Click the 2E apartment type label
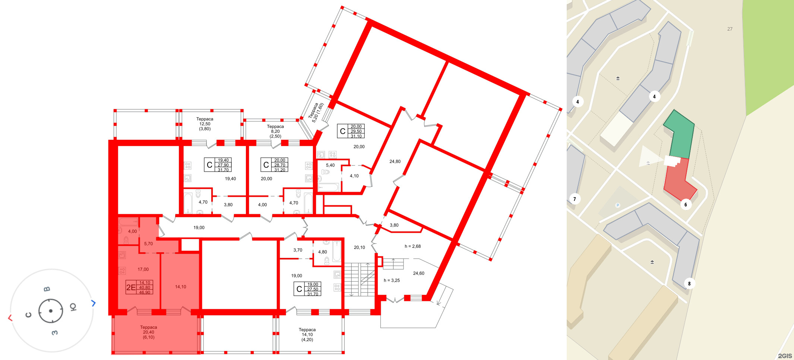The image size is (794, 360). pos(131,287)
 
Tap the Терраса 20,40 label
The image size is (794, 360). pos(148,332)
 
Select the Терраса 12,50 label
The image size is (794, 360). pos(205,124)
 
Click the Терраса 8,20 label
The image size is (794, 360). pos(275,131)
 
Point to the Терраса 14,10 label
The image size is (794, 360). pos(307,335)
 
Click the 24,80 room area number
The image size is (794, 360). pos(395,161)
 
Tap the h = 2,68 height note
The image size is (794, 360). pos(412,246)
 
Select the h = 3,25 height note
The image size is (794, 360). pos(392,280)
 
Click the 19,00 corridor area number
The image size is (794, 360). pos(199,227)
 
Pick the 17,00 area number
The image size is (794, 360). pos(143,269)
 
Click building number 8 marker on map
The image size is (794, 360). pos(689,284)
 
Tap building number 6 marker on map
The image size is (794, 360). pos(686,204)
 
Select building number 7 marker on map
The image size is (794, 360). pos(575,199)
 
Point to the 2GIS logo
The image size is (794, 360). pos(785,356)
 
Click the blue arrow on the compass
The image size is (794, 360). pos(94,303)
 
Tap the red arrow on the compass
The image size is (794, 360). pos(10,318)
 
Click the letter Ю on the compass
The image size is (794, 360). pos(73,307)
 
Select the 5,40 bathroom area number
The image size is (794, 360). pos(330,165)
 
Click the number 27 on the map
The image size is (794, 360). pos(730,29)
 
